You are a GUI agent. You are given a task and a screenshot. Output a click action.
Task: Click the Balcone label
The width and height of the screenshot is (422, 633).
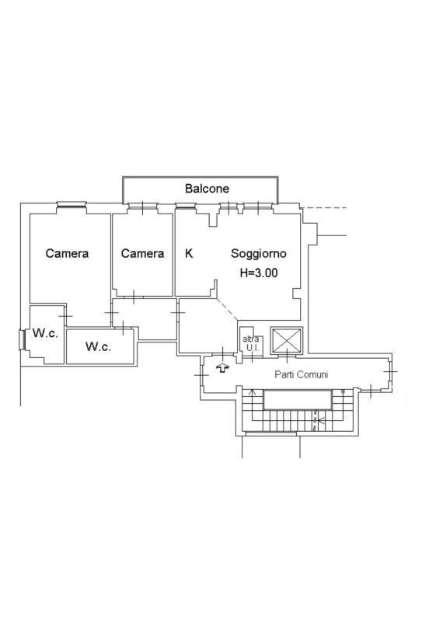pos(207,189)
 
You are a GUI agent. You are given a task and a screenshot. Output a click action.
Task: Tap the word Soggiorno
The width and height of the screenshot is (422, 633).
pos(259,254)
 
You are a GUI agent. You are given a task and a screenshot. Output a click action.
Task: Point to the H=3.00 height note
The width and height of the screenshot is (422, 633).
pos(259,273)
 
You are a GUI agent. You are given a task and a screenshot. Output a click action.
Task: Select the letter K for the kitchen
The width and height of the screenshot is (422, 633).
pos(189,253)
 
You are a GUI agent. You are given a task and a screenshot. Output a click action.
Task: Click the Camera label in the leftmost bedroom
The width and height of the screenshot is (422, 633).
pos(67,253)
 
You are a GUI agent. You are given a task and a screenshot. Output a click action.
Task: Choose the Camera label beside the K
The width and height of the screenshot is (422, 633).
pos(142,253)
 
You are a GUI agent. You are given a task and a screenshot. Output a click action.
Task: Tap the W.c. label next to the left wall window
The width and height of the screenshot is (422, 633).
pos(45,333)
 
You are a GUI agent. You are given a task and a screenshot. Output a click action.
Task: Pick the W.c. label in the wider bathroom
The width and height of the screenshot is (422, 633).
pos(99,346)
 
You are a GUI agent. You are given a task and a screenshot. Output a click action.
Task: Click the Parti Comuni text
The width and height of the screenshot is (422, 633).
pos(302,374)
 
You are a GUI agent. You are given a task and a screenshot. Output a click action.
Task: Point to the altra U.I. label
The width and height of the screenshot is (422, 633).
pos(251,343)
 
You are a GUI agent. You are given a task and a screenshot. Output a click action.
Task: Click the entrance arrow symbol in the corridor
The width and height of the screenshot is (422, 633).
pos(222,368)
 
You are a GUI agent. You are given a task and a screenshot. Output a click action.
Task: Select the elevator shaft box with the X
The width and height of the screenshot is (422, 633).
pos(286,341)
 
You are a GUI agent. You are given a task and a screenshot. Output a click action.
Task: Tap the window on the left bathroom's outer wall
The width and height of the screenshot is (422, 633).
pos(23,339)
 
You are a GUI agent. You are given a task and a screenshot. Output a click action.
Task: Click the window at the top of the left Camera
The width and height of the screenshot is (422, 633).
pos(71,205)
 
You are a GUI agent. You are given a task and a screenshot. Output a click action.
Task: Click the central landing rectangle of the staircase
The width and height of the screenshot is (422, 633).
pos(298,400)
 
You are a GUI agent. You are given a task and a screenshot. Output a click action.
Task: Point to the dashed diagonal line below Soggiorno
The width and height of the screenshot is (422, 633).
pos(228,310)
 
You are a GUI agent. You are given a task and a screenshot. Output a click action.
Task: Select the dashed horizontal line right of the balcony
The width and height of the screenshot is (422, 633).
pos(324,208)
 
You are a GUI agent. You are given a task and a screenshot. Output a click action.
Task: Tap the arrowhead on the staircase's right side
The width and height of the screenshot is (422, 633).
pos(321,421)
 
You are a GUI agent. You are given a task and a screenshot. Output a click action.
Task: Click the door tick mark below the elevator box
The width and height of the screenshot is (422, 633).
pos(287,356)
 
